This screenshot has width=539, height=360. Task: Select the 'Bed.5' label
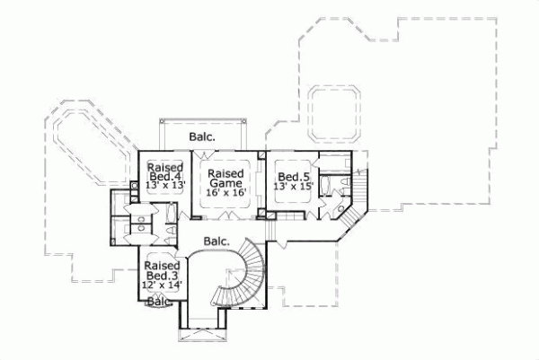[x=290, y=177]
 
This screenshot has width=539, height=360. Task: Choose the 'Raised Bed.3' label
[x=163, y=271]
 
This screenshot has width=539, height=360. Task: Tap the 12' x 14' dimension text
[x=163, y=285]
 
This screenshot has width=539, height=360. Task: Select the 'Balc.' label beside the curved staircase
[x=216, y=241]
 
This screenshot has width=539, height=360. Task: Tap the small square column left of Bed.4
[x=135, y=186]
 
